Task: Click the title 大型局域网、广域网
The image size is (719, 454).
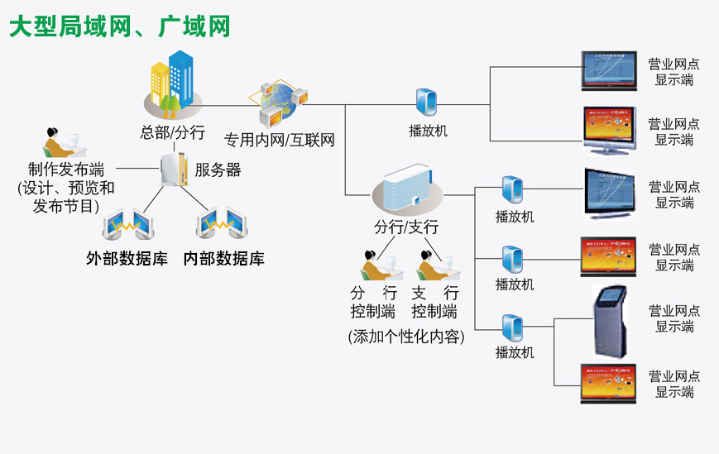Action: click(120, 26)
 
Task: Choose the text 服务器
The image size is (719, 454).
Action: click(218, 170)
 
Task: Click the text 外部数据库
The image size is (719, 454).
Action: click(127, 258)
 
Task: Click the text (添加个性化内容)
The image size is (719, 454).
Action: click(406, 337)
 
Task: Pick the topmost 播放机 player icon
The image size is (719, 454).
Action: click(428, 103)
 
